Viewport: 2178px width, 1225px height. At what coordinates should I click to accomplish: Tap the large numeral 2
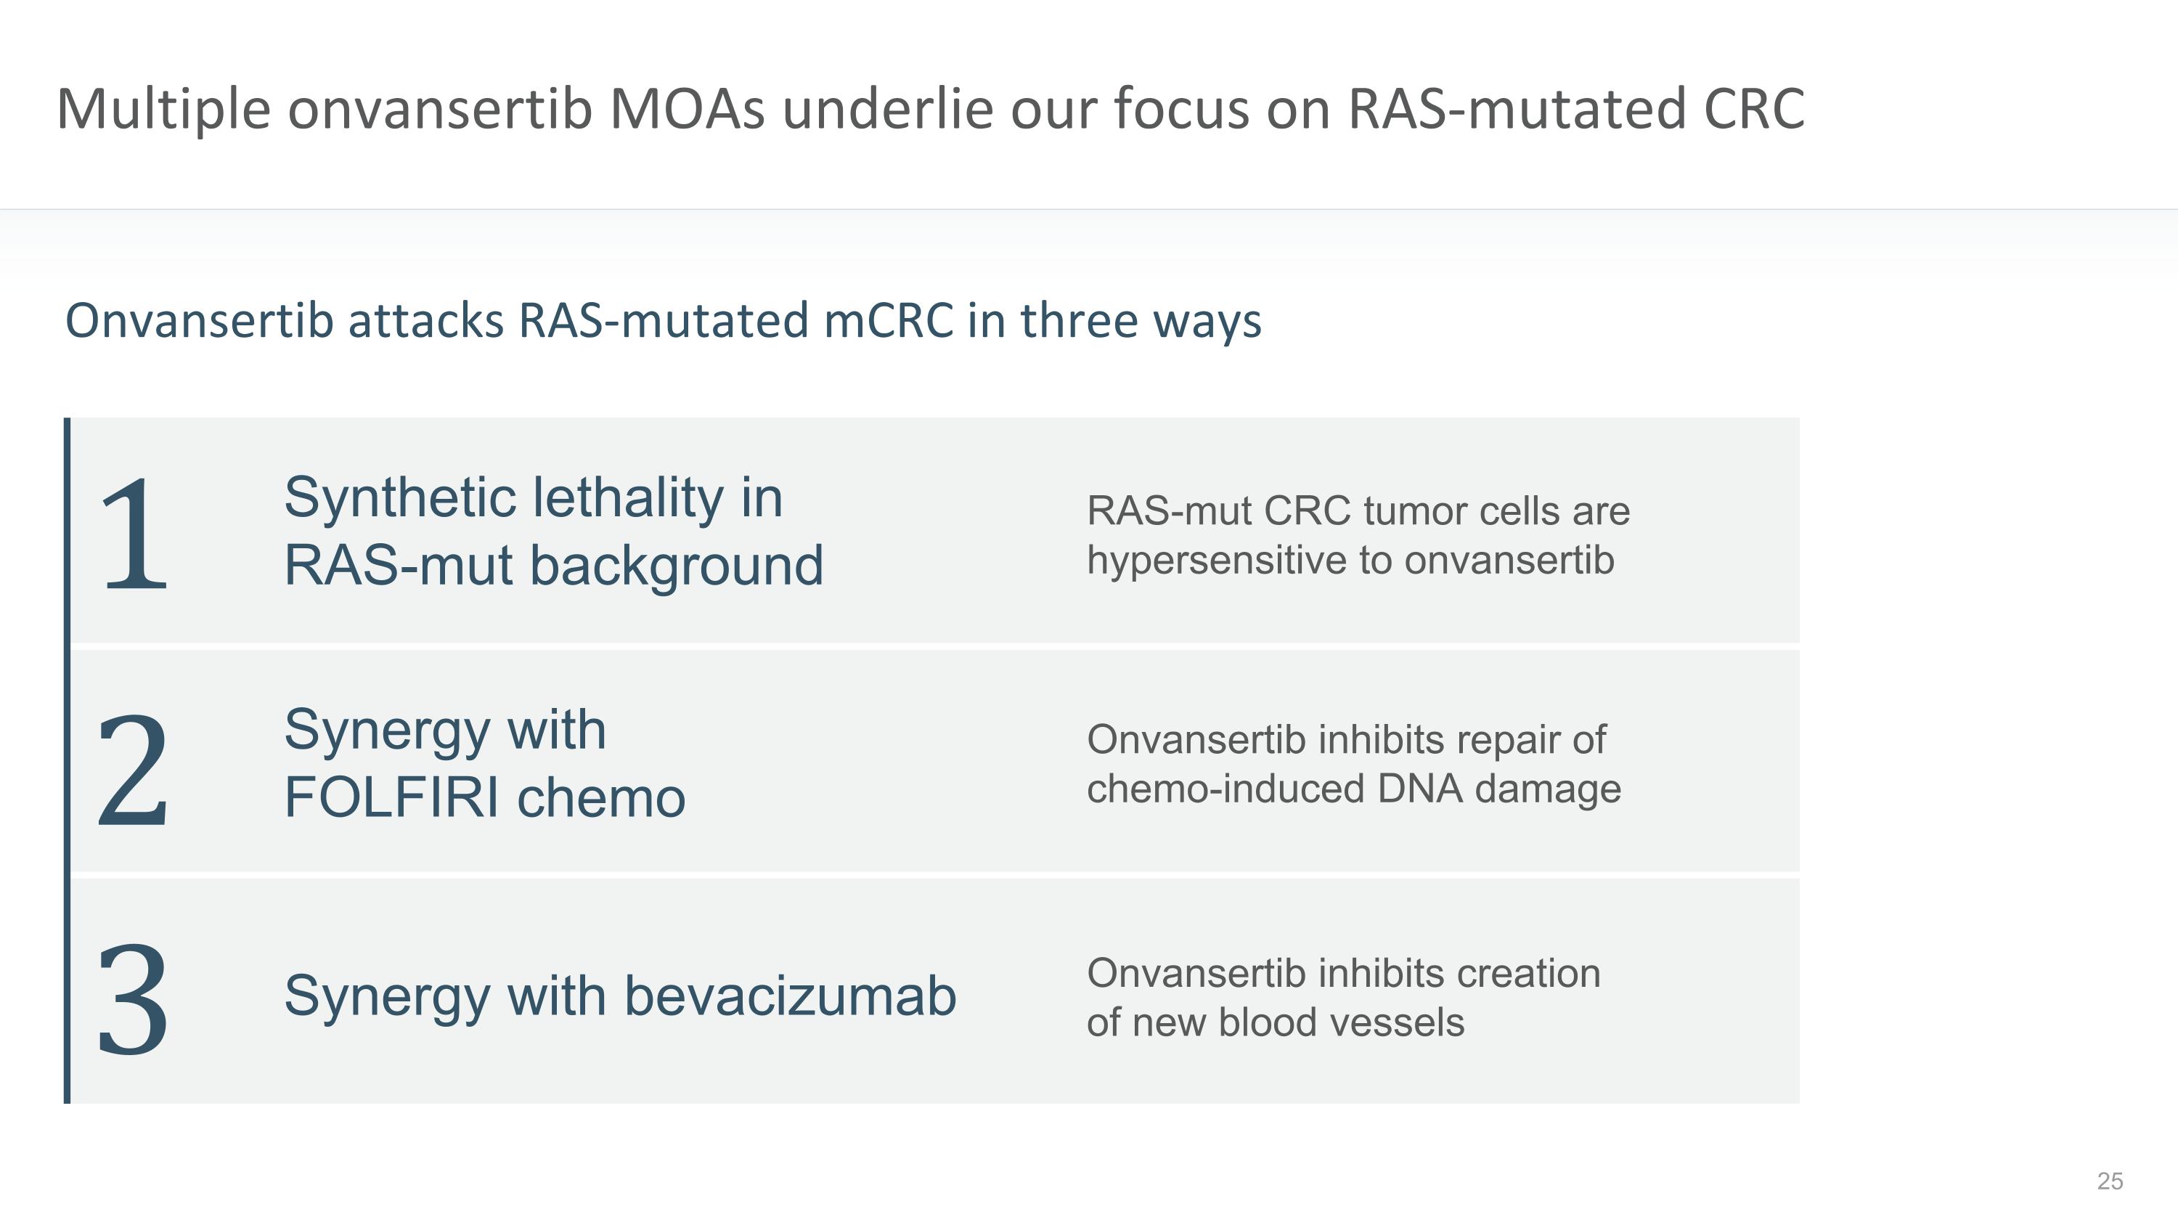(x=134, y=768)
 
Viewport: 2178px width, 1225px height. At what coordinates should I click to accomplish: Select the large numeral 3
(x=134, y=999)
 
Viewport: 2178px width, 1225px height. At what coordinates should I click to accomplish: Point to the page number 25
(x=2110, y=1181)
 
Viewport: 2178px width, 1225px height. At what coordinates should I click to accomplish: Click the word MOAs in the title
(x=687, y=109)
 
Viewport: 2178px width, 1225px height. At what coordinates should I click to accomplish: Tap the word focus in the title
(x=1180, y=109)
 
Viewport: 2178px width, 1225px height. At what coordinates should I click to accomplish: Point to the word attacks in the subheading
(x=426, y=321)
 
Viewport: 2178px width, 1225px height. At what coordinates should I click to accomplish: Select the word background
(x=677, y=566)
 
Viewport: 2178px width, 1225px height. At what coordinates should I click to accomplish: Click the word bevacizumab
(x=790, y=995)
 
